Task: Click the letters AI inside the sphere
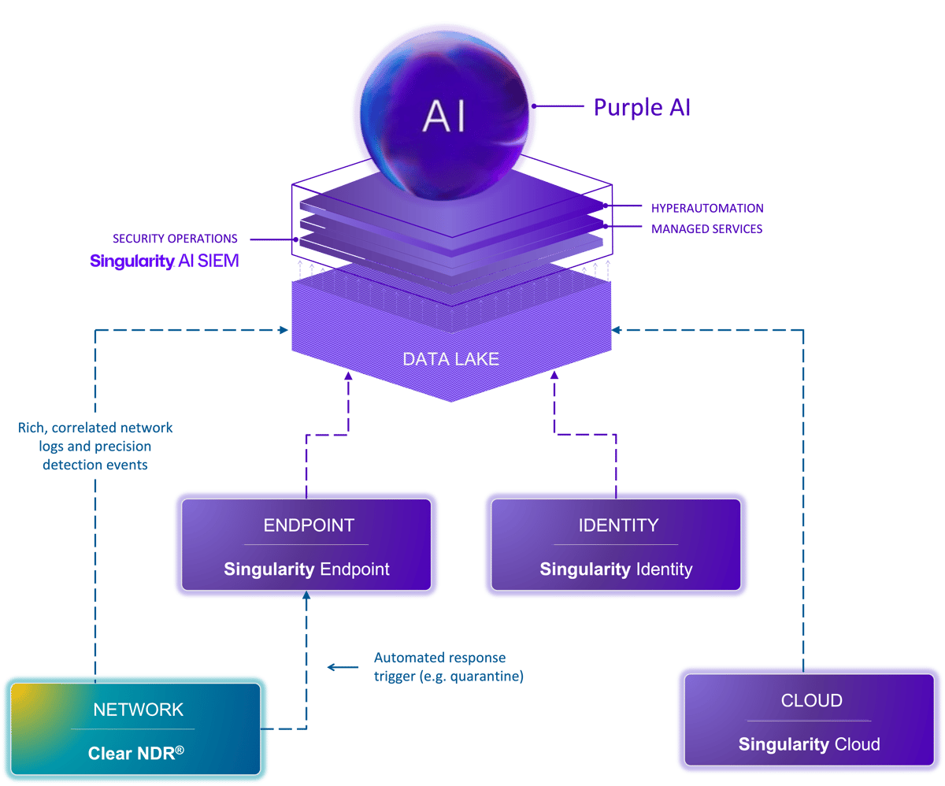[x=444, y=117]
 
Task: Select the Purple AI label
[x=642, y=107]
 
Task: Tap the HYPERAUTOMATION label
[x=706, y=209]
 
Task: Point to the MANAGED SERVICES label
[x=706, y=229]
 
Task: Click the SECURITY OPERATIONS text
[x=175, y=238]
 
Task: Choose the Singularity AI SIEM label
[x=165, y=261]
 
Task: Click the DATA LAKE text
[x=450, y=359]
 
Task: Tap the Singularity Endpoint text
[x=306, y=569]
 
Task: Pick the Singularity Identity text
[x=616, y=569]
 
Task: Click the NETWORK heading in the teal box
[x=138, y=710]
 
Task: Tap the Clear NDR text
[x=135, y=752]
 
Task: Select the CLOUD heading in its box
[x=811, y=700]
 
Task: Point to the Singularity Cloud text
[x=809, y=743]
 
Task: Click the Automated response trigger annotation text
[x=448, y=666]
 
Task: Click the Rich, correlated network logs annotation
[x=95, y=446]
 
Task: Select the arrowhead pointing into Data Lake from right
[x=617, y=330]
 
